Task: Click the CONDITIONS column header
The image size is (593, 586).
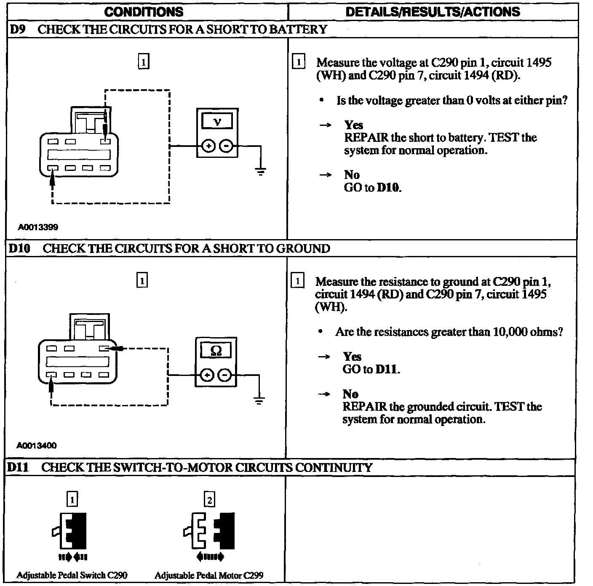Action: coord(144,12)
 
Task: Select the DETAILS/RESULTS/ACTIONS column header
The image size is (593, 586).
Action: coord(433,12)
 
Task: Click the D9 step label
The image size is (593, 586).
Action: coord(18,29)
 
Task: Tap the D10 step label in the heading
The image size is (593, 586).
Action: coord(19,248)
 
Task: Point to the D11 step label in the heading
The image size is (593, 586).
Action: coord(18,468)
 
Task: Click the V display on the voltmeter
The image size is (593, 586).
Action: coord(217,122)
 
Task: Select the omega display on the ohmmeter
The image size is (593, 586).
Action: coord(216,351)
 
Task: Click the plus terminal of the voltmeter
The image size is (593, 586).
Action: coord(208,146)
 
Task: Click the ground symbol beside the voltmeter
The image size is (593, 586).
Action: coord(261,171)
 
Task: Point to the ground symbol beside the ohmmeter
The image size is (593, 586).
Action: coord(259,400)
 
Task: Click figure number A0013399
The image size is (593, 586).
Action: coord(38,227)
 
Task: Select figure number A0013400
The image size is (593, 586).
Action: coord(37,445)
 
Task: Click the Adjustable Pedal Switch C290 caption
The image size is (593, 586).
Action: coord(72,575)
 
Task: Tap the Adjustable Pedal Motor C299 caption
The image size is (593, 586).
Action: coord(209,575)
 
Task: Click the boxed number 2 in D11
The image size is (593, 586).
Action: coord(209,500)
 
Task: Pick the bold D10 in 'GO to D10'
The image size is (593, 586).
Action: coord(388,188)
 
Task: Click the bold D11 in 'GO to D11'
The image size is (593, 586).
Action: coord(387,370)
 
